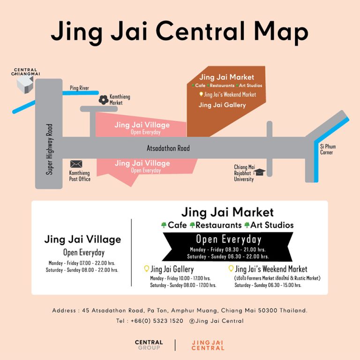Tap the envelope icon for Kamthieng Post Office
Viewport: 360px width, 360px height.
point(76,164)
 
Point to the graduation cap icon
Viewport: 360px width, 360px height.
point(260,172)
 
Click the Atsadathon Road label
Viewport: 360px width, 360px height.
point(169,149)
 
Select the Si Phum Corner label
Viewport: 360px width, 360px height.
point(328,149)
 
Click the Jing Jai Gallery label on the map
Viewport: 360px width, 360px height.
point(222,105)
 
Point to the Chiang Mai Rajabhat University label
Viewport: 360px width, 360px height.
point(244,173)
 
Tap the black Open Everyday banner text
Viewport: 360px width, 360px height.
point(228,239)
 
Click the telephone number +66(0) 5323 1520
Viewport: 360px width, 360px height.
point(149,321)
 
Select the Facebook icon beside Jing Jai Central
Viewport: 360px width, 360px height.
point(192,321)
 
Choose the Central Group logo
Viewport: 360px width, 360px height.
point(149,345)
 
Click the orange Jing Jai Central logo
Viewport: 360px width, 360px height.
point(208,345)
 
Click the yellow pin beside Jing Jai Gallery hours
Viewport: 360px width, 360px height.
point(146,269)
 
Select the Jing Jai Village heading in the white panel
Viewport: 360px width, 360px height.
point(82,240)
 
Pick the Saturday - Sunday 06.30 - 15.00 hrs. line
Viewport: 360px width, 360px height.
point(268,285)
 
